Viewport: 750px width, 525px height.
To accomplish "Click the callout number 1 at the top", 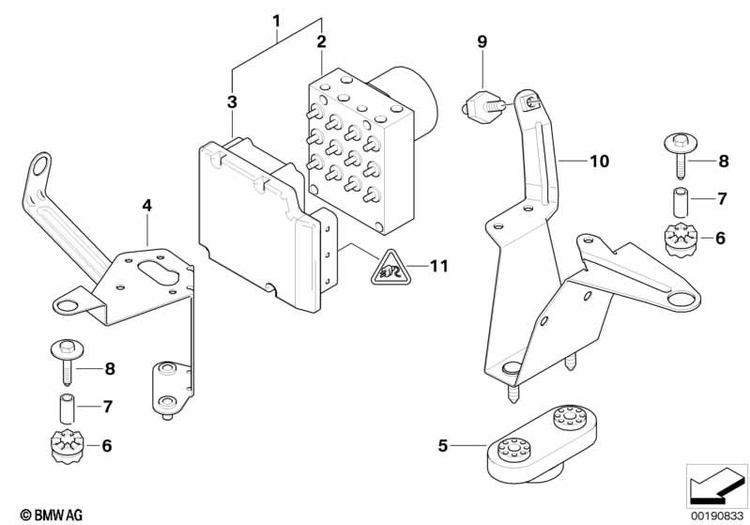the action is tap(277, 21).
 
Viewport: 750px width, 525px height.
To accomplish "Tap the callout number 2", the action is tap(321, 41).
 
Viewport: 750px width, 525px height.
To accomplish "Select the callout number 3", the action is tap(232, 101).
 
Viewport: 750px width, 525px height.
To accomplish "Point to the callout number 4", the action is tap(146, 206).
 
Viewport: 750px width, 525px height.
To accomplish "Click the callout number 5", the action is tap(443, 445).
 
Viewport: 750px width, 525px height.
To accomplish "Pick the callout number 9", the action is tap(482, 41).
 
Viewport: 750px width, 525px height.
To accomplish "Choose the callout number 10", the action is tap(599, 162).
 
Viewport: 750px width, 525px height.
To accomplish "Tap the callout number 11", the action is tap(439, 266).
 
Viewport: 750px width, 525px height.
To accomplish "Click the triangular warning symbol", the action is tap(390, 268).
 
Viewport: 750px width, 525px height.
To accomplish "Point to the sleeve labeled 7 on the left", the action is tap(67, 409).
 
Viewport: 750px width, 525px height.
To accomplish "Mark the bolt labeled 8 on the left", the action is tap(68, 362).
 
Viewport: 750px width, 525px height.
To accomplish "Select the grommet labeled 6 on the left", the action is tap(67, 447).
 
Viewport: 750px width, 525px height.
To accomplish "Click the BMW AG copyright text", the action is tap(52, 515).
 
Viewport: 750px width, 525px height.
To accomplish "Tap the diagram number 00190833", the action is tap(717, 516).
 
